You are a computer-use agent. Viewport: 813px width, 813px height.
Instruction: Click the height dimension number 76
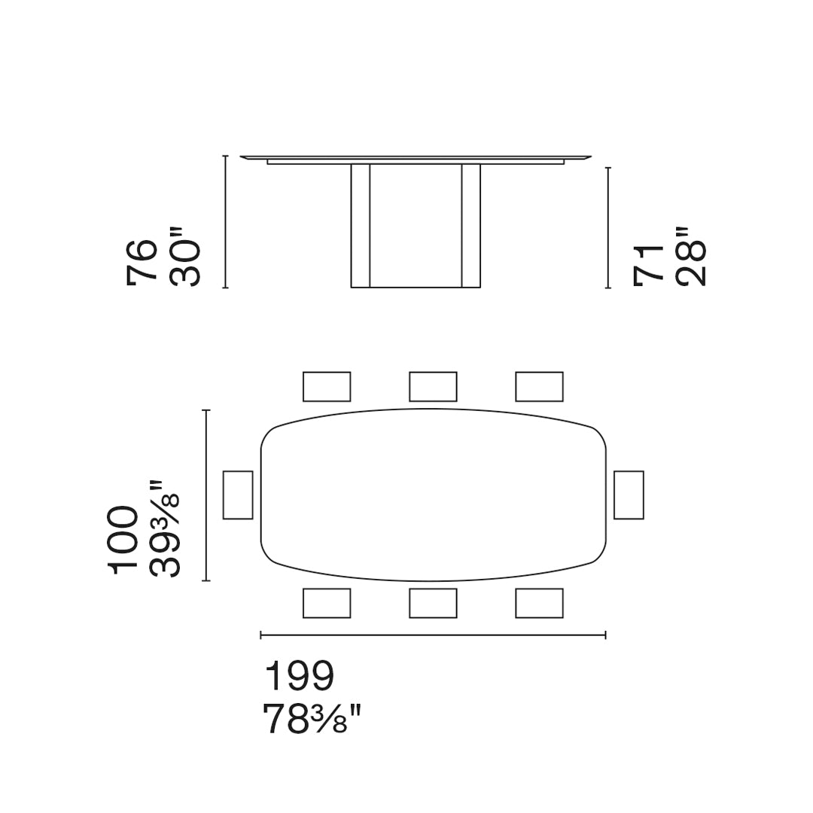click(141, 263)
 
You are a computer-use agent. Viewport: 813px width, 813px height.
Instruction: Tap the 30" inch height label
click(184, 263)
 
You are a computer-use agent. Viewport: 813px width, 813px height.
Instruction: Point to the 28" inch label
click(691, 256)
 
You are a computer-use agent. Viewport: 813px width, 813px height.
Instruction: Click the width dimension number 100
click(123, 540)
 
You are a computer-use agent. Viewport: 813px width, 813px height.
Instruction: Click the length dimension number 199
click(299, 675)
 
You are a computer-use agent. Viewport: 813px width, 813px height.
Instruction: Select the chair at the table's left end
click(238, 495)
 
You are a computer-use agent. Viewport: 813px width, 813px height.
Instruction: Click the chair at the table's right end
click(629, 495)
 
